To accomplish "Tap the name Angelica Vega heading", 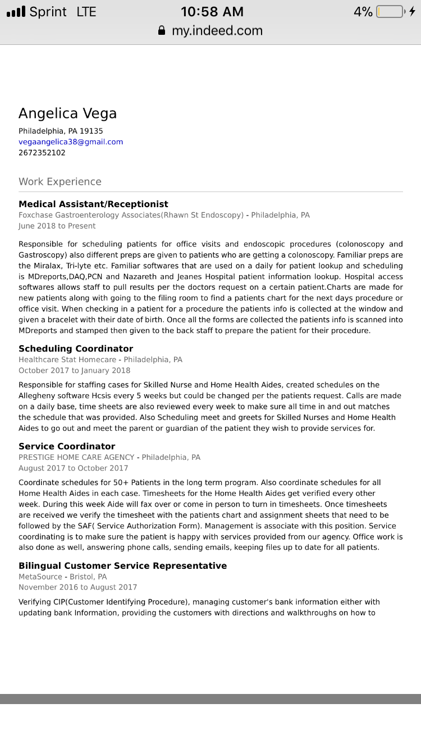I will tap(67, 113).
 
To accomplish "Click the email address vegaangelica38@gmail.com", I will tap(71, 142).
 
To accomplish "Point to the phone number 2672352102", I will tap(42, 153).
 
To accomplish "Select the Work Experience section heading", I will tap(60, 182).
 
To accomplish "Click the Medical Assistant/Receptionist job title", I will tap(93, 204).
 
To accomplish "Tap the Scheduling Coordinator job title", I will tap(76, 349).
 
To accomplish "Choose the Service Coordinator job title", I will tap(67, 446).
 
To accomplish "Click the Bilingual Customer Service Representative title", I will tap(122, 565).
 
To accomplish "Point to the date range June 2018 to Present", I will tap(57, 226).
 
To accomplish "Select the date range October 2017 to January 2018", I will tap(74, 371).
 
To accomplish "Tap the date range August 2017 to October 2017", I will tap(73, 468).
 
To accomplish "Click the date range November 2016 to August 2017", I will tap(77, 587).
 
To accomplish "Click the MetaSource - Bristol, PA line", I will tap(62, 577).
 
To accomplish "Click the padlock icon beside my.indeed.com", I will tap(162, 31).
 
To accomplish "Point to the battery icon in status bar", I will tap(390, 12).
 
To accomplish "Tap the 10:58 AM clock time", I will tap(212, 12).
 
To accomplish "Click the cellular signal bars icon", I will tap(16, 12).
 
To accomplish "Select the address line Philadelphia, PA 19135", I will tap(61, 131).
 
